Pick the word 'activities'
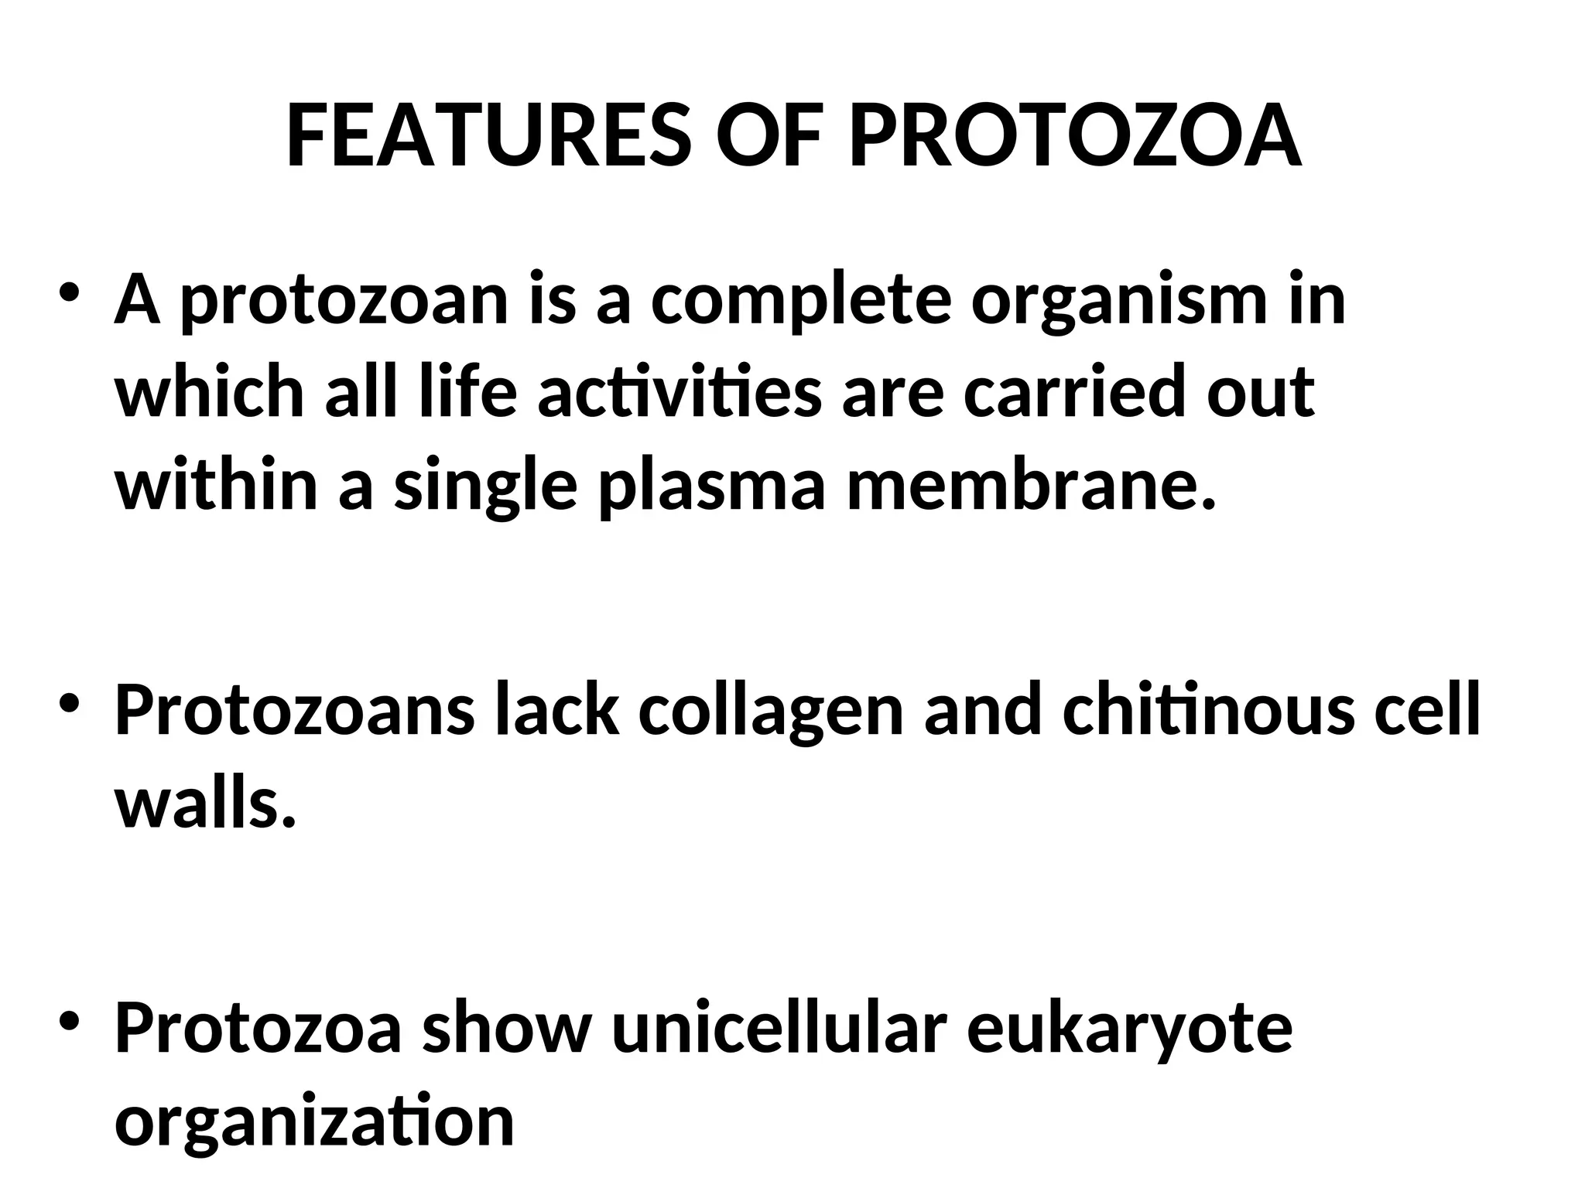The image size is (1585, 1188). point(680,391)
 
